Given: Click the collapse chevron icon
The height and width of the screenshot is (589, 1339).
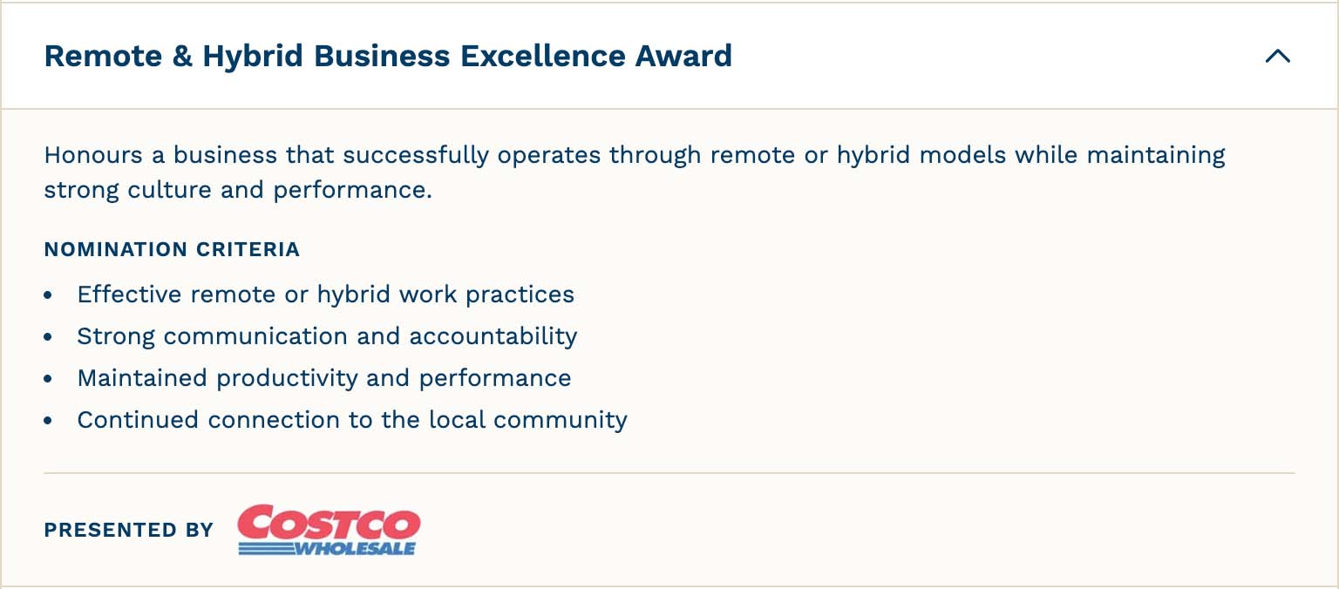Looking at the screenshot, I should (1277, 57).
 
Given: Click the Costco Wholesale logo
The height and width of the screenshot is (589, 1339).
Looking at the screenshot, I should (329, 529).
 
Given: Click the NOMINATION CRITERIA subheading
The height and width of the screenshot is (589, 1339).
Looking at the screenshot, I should (172, 250).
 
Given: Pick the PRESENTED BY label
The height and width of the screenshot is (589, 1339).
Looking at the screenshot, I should (128, 530).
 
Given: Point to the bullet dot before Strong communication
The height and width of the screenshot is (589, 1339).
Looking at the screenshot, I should (49, 337).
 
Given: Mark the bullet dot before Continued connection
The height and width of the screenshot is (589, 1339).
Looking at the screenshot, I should (49, 421).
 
